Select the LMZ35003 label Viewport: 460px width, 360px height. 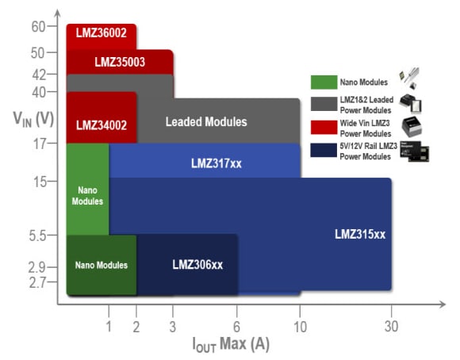tap(119, 62)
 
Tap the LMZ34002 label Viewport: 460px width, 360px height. tap(101, 125)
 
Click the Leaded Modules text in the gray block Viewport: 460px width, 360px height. tap(206, 122)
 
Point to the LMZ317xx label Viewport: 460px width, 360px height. tap(216, 163)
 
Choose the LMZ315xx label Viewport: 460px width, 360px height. tap(359, 234)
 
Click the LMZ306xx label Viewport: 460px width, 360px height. tap(197, 265)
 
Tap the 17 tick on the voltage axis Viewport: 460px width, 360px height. tap(40, 144)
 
